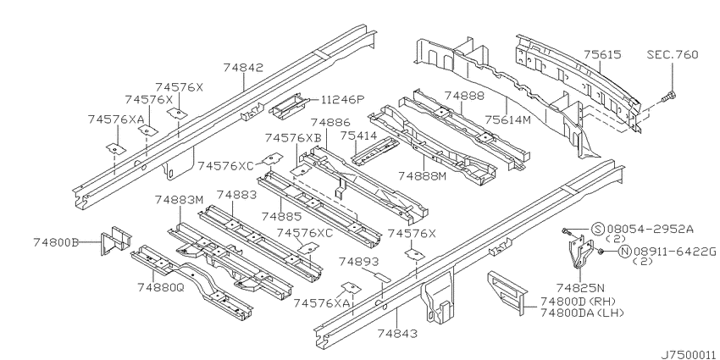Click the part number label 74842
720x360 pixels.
tap(243, 68)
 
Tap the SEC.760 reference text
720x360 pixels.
tap(673, 55)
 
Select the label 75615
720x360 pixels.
tap(602, 55)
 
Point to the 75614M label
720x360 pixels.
tap(507, 119)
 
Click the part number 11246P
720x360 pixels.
tap(342, 99)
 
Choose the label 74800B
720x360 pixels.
tap(56, 242)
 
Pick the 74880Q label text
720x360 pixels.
tap(160, 287)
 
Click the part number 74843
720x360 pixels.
tap(397, 334)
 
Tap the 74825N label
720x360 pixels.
tap(580, 288)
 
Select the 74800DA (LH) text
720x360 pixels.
tap(582, 313)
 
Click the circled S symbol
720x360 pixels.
tap(596, 229)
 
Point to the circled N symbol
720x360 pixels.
tap(624, 252)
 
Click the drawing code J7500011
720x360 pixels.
tap(689, 355)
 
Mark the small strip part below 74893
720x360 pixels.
tap(380, 277)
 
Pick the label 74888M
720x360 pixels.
tap(422, 176)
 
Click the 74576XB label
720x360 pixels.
tap(293, 138)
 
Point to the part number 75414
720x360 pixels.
tap(358, 136)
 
